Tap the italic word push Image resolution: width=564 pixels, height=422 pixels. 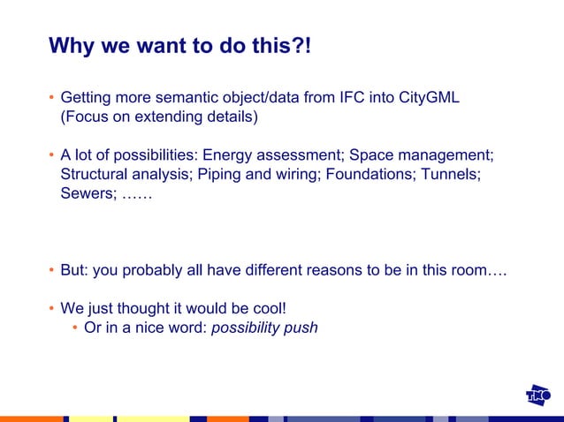[301, 328]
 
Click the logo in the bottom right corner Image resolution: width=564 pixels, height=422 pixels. [538, 396]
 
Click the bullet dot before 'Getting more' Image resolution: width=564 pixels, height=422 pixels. [51, 97]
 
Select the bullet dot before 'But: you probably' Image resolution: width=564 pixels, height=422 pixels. [51, 270]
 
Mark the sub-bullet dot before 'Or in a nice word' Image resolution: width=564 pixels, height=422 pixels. [75, 328]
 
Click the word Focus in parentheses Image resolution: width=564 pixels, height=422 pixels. [86, 116]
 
